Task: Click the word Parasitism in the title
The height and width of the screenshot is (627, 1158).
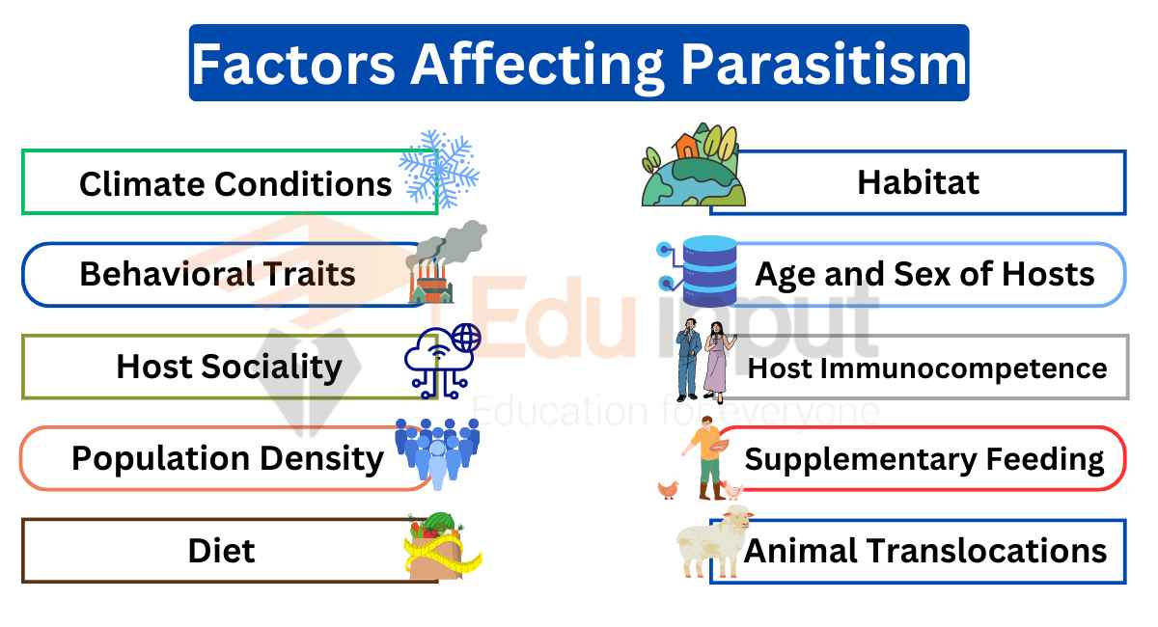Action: [x=823, y=65]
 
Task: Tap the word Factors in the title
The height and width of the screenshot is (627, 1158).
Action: [x=293, y=65]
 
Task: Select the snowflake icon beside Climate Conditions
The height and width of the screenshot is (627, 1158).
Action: [x=439, y=169]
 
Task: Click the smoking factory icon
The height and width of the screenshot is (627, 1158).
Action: [x=446, y=262]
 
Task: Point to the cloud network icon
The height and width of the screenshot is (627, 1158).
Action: [x=443, y=361]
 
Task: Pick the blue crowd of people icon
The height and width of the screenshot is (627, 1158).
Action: [x=437, y=453]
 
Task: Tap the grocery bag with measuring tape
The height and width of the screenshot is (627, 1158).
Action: [x=443, y=546]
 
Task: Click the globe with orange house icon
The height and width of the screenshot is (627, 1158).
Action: [x=693, y=165]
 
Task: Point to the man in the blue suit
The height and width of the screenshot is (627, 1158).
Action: [x=689, y=360]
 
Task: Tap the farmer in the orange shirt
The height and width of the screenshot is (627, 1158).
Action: [x=706, y=458]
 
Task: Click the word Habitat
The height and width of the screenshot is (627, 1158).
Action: [x=918, y=182]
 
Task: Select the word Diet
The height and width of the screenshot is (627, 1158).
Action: [x=221, y=551]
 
